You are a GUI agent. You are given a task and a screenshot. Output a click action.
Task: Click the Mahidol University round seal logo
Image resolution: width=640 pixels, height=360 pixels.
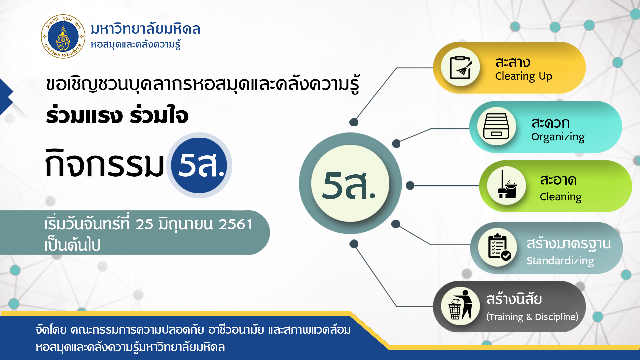point(63,36)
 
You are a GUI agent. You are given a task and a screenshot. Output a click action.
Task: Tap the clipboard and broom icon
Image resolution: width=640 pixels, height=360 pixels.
point(461,67)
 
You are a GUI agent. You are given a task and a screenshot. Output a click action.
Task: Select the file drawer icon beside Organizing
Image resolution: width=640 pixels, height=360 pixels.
point(496,126)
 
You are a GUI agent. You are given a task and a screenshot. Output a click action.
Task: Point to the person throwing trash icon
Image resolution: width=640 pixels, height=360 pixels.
point(460,305)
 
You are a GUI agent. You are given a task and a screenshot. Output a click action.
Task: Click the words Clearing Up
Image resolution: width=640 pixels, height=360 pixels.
point(524,76)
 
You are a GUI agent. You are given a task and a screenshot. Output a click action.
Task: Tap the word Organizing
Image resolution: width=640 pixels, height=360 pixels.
point(558,137)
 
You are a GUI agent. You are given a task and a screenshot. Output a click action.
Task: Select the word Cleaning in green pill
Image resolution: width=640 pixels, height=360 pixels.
point(561,197)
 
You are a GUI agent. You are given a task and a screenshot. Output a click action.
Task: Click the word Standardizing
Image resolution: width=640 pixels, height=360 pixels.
point(560,261)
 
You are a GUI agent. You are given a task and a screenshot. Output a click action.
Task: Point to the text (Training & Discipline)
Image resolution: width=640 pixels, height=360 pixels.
point(532,317)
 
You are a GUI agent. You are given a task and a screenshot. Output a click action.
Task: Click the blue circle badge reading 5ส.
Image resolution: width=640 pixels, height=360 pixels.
point(199,165)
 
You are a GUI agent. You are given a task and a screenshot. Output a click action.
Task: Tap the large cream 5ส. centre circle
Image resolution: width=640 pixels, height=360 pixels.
point(350,183)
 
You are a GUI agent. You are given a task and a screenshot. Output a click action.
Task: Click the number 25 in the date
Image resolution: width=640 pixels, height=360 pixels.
point(144,224)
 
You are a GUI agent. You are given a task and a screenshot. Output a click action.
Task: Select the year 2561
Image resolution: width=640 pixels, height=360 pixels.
point(236,224)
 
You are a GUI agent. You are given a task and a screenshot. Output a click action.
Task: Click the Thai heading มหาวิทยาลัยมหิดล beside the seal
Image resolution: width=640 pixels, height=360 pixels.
point(145,29)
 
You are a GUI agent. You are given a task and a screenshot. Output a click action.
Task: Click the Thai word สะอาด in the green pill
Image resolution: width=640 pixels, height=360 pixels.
point(558,180)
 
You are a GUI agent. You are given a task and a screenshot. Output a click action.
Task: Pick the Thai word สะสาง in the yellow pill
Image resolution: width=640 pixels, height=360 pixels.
point(513,62)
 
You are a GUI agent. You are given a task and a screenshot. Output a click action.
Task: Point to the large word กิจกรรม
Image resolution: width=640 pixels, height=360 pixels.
point(105,163)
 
